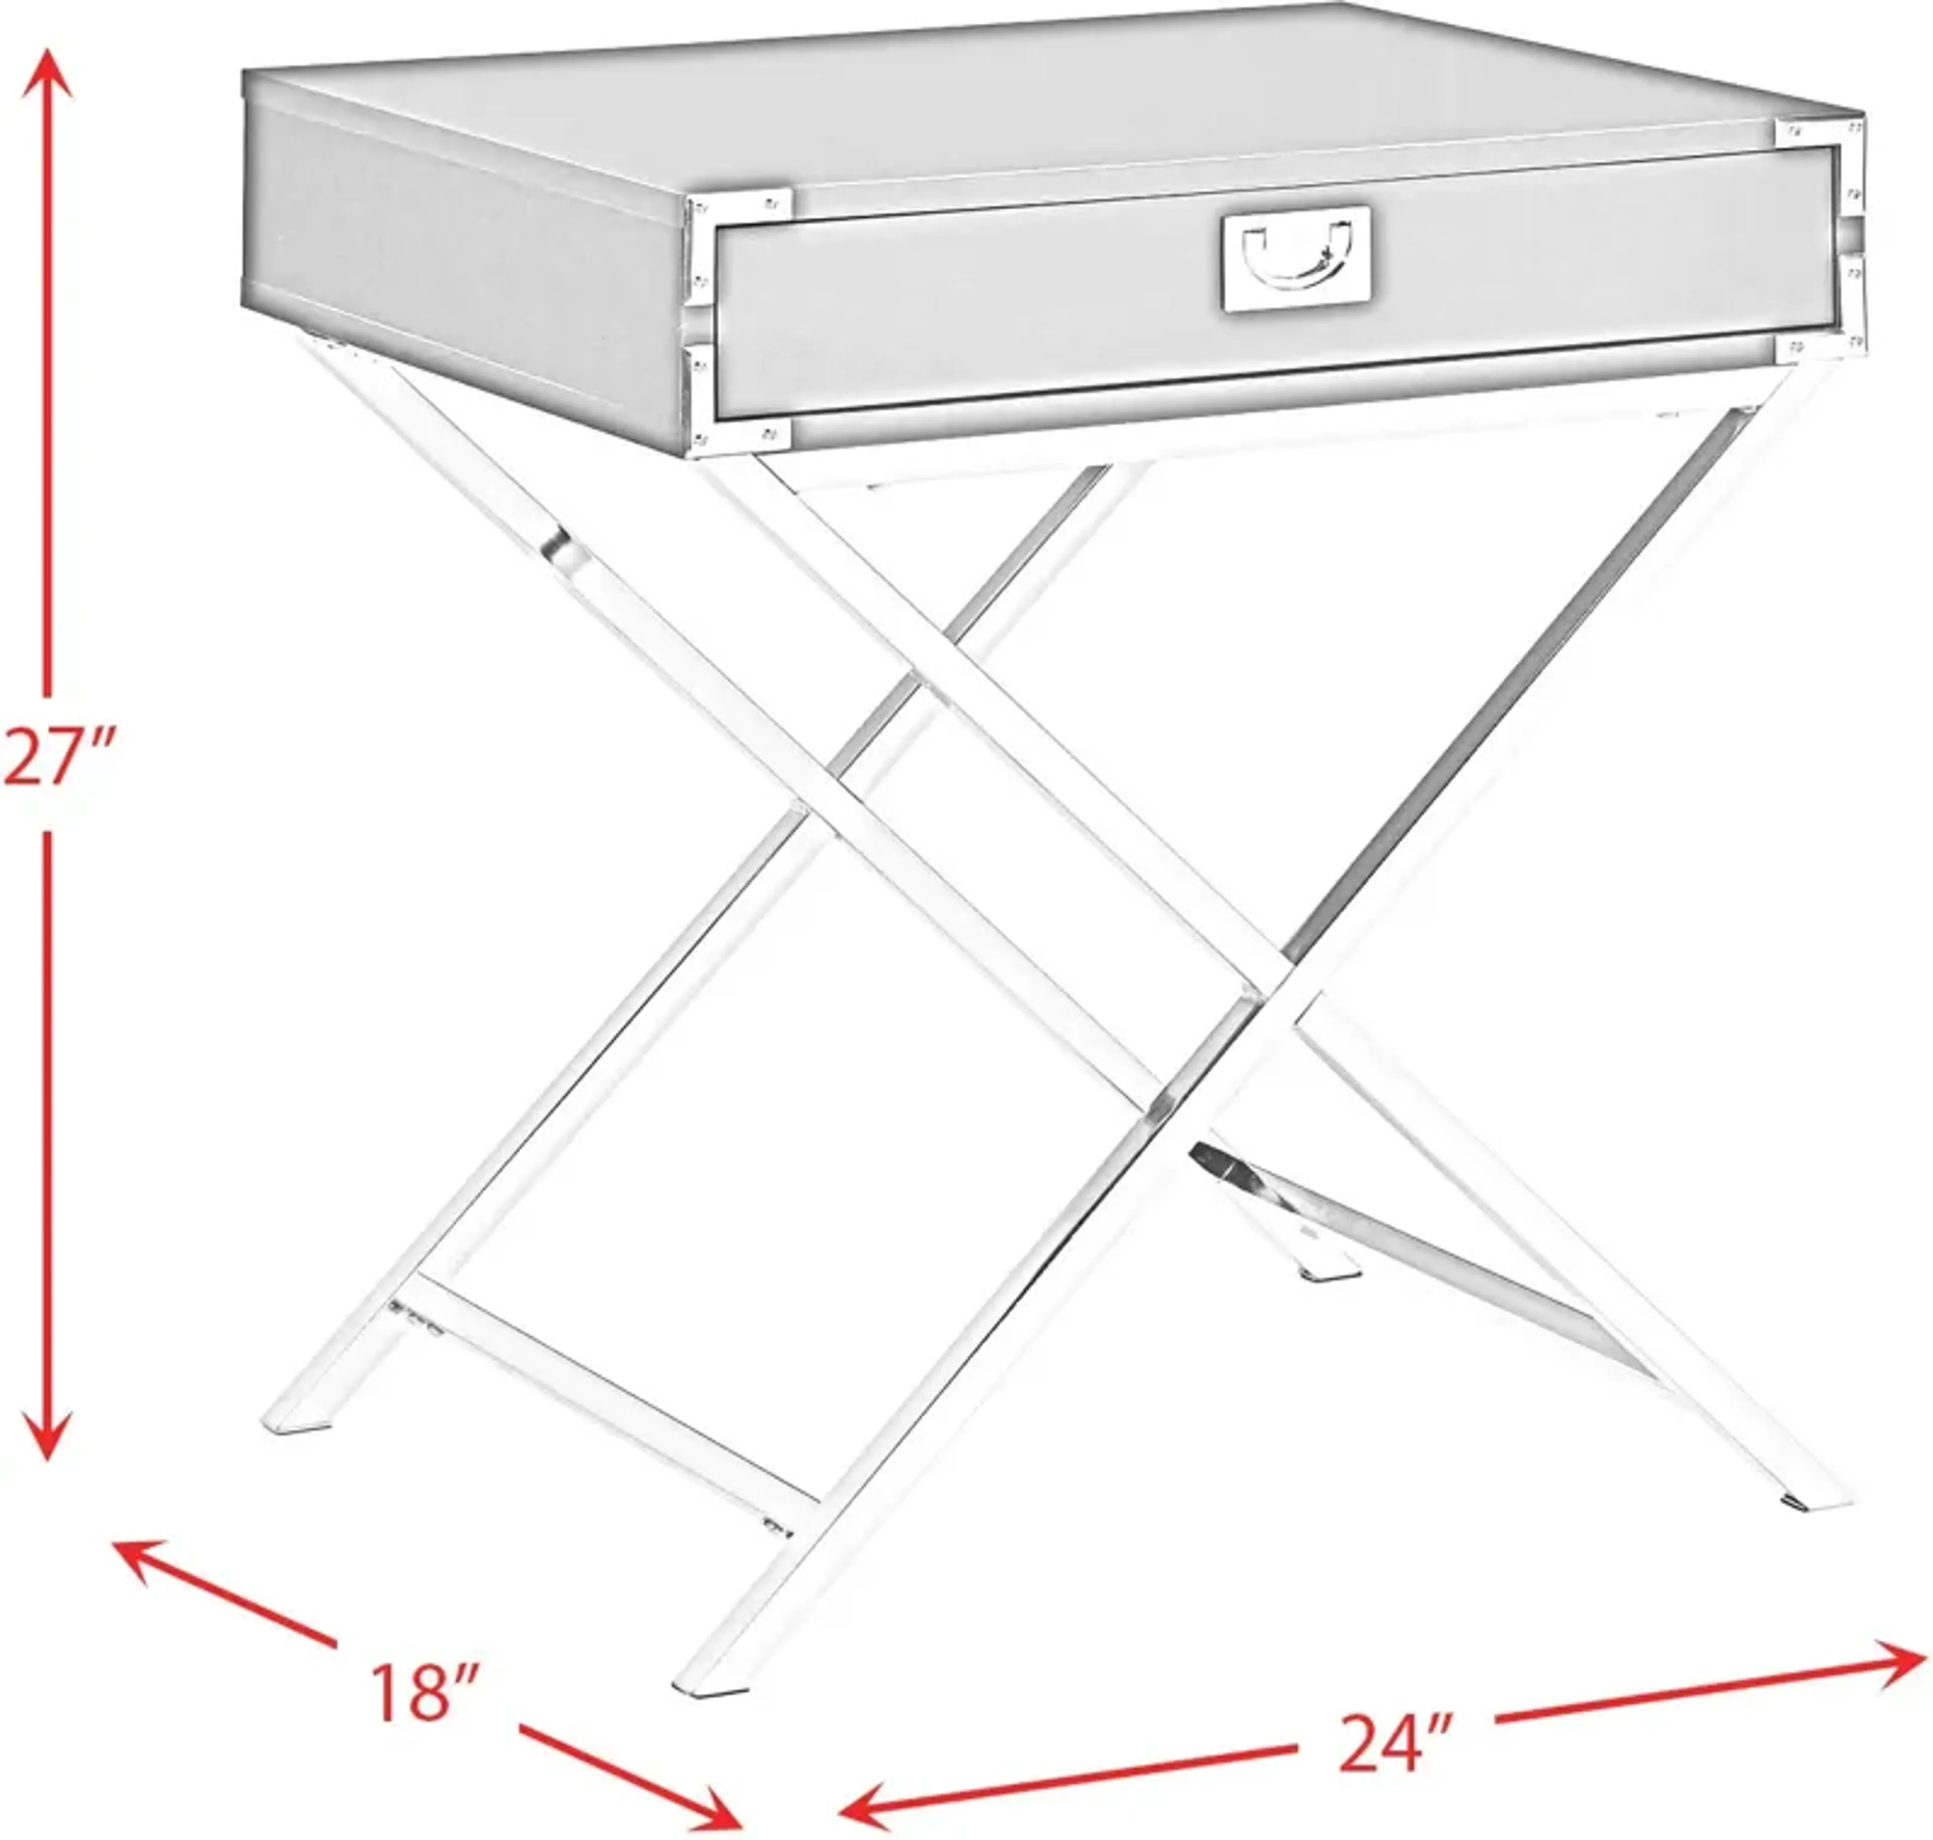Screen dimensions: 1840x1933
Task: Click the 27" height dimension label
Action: click(x=61, y=756)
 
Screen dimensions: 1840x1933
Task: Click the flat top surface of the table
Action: click(x=1030, y=108)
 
